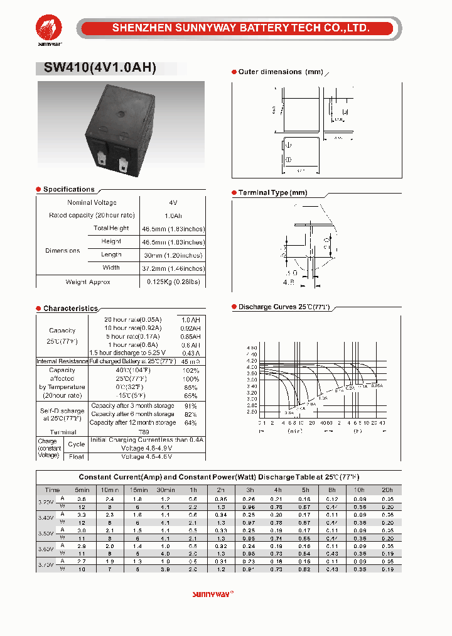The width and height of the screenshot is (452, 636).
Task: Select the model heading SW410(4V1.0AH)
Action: coord(100,69)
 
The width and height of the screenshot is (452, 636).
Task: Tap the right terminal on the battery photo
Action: coord(123,164)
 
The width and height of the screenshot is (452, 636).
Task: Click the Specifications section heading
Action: coord(68,189)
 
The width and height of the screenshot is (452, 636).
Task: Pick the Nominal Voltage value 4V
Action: coord(173,203)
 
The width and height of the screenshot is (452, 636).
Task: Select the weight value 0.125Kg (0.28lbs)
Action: coord(173,282)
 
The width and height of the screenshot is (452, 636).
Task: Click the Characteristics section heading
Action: coord(70,309)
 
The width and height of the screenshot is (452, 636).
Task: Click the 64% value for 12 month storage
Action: coord(190,423)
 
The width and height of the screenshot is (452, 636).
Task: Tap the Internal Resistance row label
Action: coord(62,361)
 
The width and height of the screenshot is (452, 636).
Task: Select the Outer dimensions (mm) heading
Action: coord(281,72)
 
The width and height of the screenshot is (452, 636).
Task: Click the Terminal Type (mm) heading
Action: coord(272,192)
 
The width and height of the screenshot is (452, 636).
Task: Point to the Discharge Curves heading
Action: coord(284,307)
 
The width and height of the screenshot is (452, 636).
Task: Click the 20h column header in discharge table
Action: coord(387,490)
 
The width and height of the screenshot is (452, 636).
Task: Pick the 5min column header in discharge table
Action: coord(82,490)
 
